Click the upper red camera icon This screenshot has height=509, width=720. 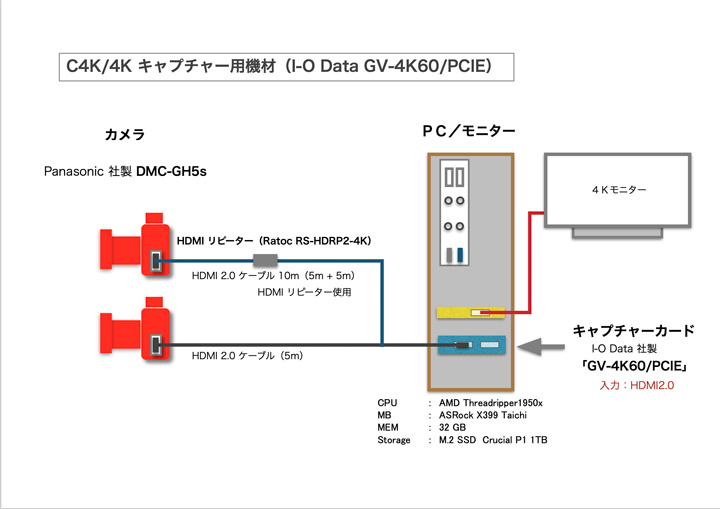click(x=136, y=247)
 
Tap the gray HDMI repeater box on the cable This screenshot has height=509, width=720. click(x=265, y=261)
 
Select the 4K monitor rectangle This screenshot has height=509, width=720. click(x=615, y=189)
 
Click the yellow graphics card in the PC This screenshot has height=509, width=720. click(x=470, y=313)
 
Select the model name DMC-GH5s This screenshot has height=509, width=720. click(x=171, y=172)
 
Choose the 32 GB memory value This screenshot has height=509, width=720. click(x=453, y=427)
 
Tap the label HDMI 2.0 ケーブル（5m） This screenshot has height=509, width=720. click(x=246, y=355)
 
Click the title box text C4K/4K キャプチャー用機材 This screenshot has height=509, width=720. click(x=171, y=67)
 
